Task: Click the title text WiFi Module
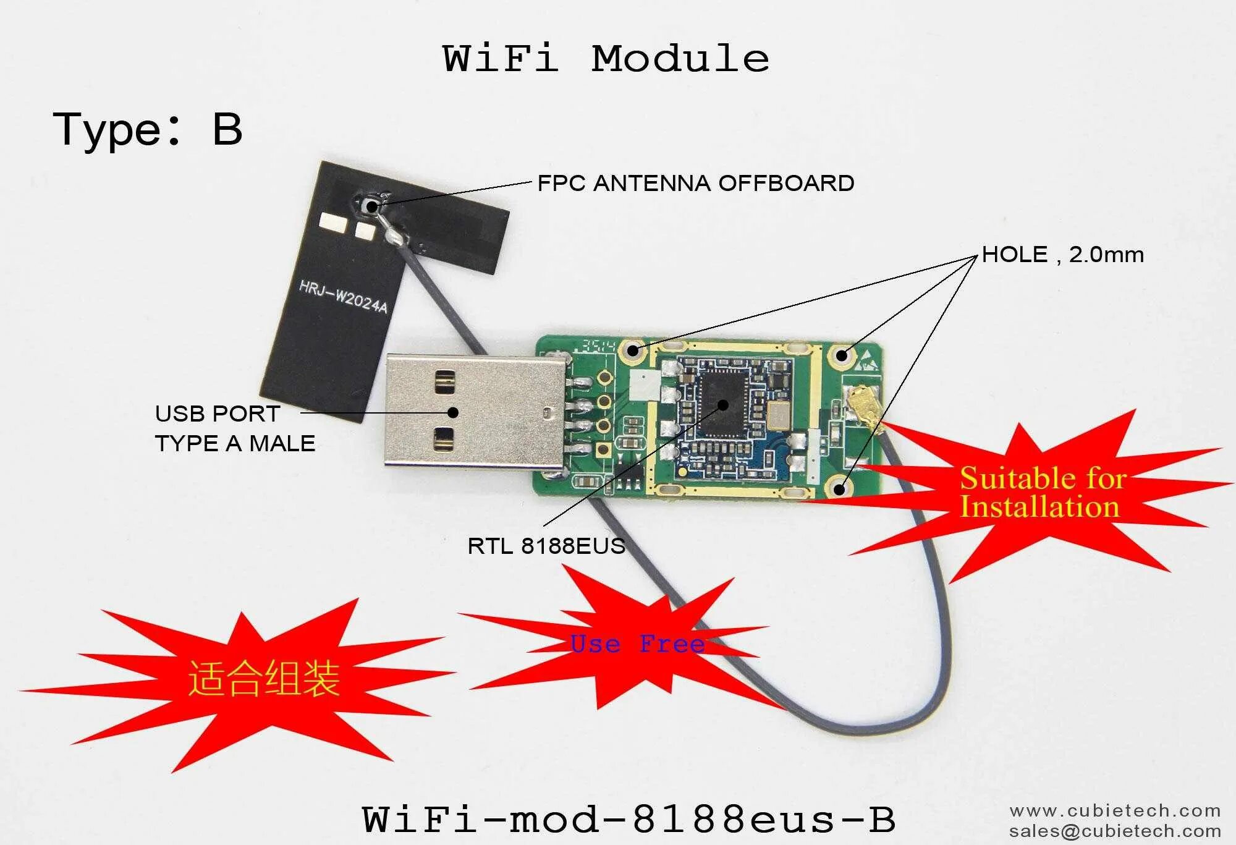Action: [606, 59]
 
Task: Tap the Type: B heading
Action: [147, 130]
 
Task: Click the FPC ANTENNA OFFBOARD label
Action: [696, 183]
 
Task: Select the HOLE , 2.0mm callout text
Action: [1062, 255]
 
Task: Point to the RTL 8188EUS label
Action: [546, 546]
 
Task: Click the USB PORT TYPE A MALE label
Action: [235, 428]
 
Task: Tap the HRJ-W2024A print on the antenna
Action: [343, 297]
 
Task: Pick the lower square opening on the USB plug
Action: [444, 438]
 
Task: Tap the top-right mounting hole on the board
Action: [841, 355]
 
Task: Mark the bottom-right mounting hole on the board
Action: [839, 489]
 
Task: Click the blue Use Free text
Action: [637, 644]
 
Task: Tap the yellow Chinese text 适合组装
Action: [264, 678]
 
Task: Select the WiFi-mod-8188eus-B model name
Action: [629, 819]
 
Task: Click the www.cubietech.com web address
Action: [1115, 810]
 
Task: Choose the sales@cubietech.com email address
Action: [1115, 831]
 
